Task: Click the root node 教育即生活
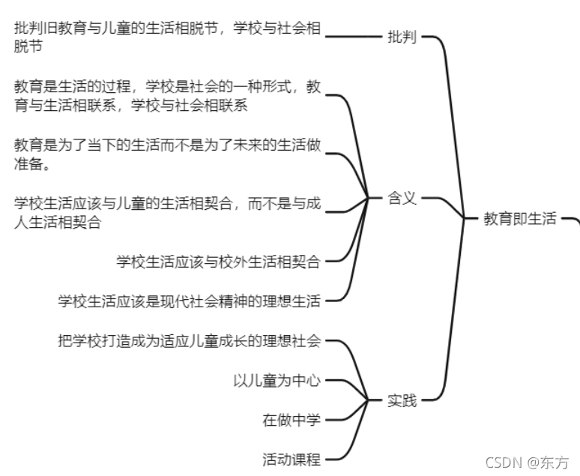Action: (520, 219)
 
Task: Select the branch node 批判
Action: (402, 37)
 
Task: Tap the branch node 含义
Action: (402, 199)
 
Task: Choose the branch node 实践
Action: (402, 400)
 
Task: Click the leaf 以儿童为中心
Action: (277, 381)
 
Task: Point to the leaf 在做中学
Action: (291, 420)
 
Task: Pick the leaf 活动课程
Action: (291, 459)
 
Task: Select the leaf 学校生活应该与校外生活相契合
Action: (219, 262)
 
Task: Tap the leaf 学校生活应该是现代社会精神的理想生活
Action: (190, 301)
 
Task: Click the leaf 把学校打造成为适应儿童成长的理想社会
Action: (190, 341)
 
